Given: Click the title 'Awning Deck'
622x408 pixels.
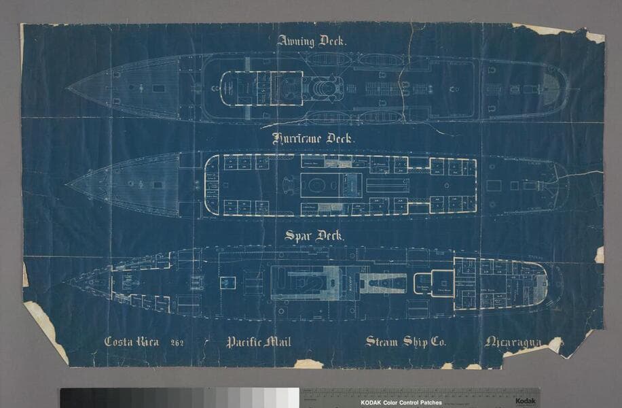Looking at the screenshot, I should [312, 41].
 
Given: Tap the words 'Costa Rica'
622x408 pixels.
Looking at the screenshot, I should [132, 341].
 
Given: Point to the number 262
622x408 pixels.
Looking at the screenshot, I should [178, 342].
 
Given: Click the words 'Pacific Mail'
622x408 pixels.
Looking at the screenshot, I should [258, 341].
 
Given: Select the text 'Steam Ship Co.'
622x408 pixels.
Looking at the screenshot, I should [405, 341].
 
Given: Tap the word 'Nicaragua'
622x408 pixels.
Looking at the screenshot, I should [513, 341].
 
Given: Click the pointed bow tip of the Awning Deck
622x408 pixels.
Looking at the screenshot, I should [67, 88].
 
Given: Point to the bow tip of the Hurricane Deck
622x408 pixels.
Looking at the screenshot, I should [67, 184].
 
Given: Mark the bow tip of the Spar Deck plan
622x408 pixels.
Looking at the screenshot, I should [63, 282].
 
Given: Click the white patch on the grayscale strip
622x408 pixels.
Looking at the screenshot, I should [293, 398].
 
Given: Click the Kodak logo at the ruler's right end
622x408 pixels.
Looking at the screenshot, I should [525, 401].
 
